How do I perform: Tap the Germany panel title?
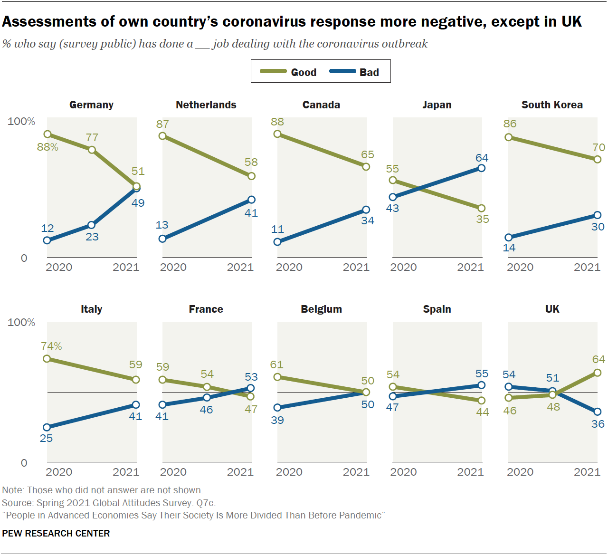(91, 105)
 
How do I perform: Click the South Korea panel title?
(552, 105)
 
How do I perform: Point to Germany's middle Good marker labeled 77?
(92, 150)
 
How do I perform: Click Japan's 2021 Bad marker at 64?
(481, 168)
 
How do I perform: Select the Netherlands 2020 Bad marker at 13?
(162, 239)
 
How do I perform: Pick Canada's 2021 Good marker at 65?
(366, 167)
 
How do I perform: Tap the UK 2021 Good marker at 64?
(598, 373)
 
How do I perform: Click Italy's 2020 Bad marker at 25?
(47, 427)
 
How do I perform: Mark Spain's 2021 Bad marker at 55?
(481, 385)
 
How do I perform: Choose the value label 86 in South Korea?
(510, 124)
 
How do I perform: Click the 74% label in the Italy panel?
(51, 346)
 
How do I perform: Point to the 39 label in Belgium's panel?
(277, 421)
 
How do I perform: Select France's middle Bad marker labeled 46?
(207, 397)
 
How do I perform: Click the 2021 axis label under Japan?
(470, 268)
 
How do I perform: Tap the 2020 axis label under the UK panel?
(520, 472)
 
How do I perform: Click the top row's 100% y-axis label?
(21, 122)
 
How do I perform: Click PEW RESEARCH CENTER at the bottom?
(56, 533)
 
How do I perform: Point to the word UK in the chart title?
(571, 22)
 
